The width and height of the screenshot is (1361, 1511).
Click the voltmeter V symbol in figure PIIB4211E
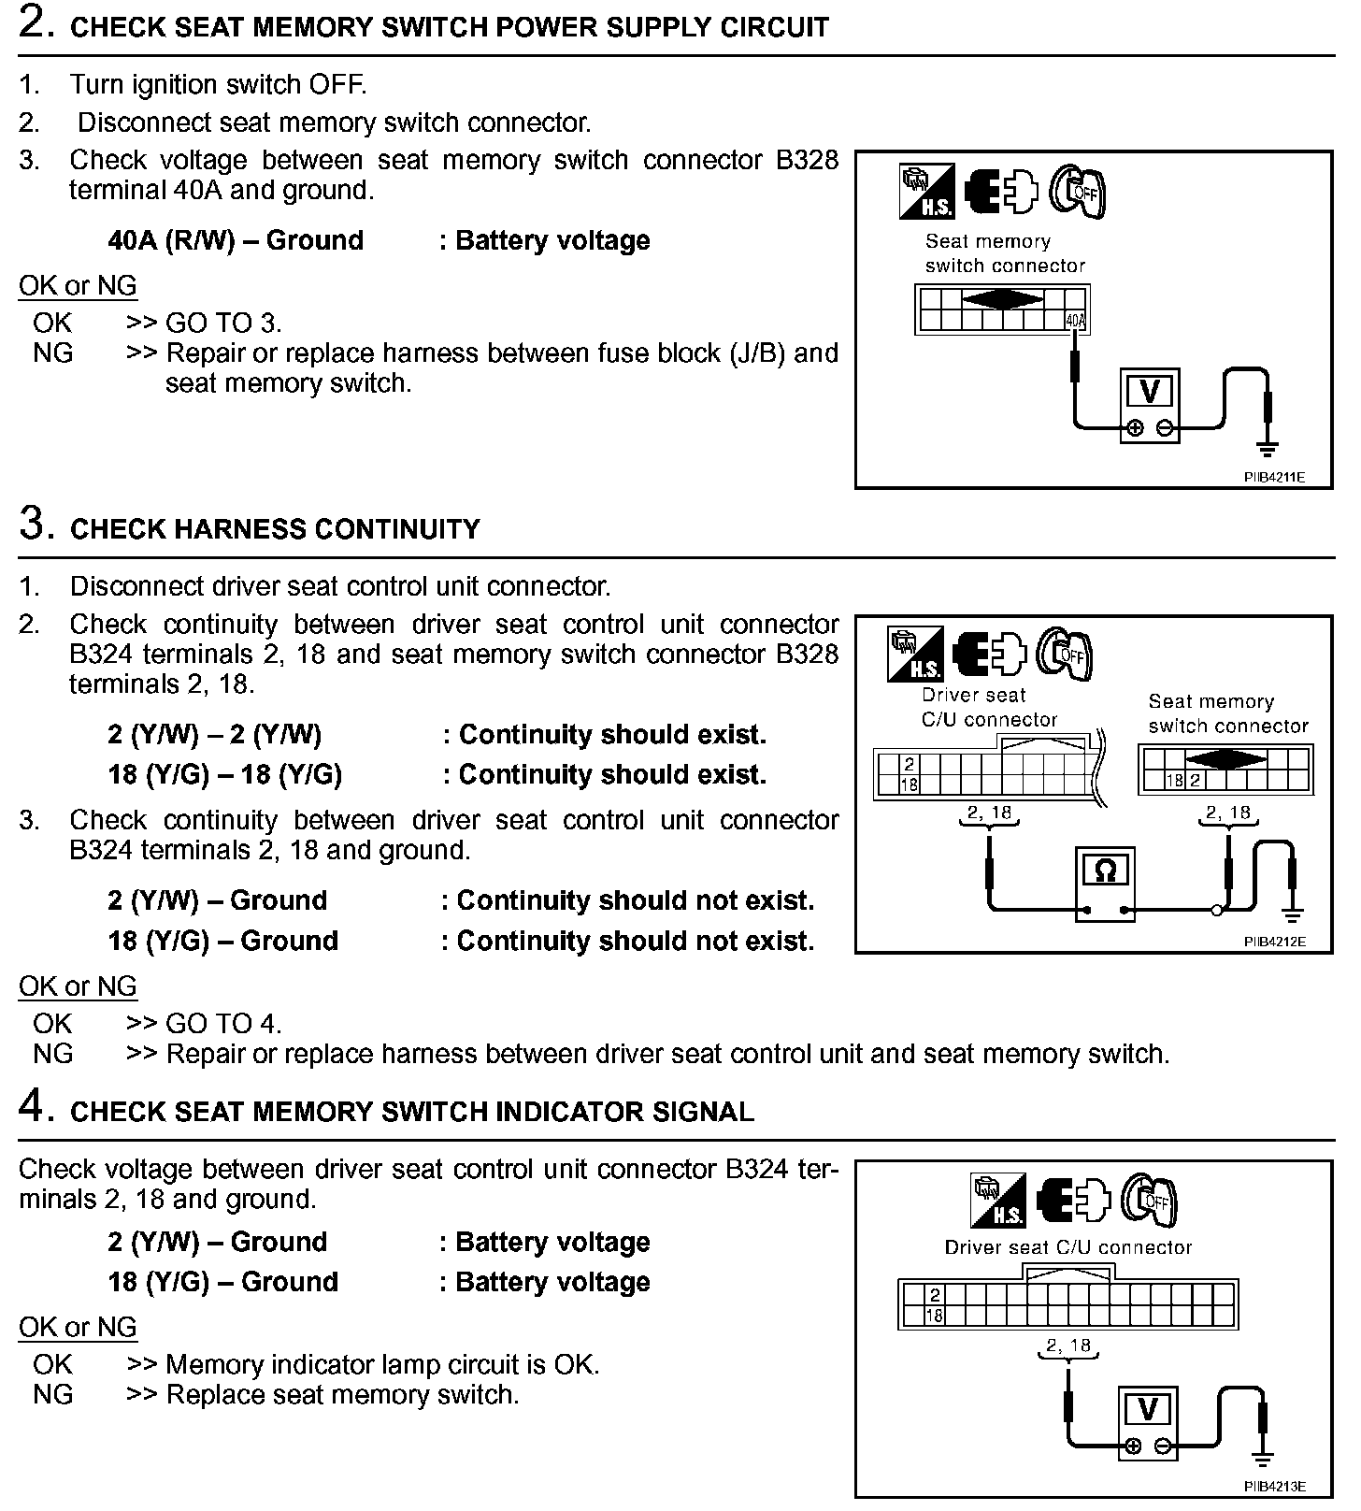pos(1150,390)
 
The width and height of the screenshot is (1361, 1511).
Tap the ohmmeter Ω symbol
pos(1105,871)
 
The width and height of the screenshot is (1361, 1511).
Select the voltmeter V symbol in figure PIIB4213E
pos(1149,1409)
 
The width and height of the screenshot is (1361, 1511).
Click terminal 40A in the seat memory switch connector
pos(1076,322)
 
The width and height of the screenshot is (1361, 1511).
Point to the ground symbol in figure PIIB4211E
pos(1268,448)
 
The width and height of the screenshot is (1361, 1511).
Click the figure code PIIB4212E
pos(1274,942)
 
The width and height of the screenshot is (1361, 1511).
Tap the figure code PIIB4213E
pos(1274,1487)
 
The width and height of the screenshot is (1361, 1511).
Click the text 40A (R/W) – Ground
pos(236,240)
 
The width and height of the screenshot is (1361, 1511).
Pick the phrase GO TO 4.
pos(223,1024)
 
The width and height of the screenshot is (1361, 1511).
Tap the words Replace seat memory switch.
pos(342,1395)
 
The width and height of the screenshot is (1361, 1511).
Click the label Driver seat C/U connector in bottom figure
pos(1068,1247)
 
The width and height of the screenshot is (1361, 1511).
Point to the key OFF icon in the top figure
pos(1078,193)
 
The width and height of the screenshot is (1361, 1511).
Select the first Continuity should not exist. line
pos(636,900)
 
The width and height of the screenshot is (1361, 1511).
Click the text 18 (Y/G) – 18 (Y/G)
pos(224,774)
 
